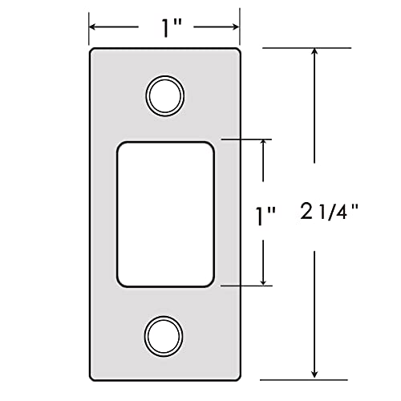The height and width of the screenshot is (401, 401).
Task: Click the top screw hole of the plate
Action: pyautogui.click(x=164, y=95)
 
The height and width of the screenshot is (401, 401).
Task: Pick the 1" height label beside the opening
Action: pyautogui.click(x=265, y=215)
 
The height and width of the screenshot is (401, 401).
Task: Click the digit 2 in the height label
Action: pyautogui.click(x=306, y=213)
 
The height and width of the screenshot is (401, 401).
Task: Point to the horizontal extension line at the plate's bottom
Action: pyautogui.click(x=305, y=379)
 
